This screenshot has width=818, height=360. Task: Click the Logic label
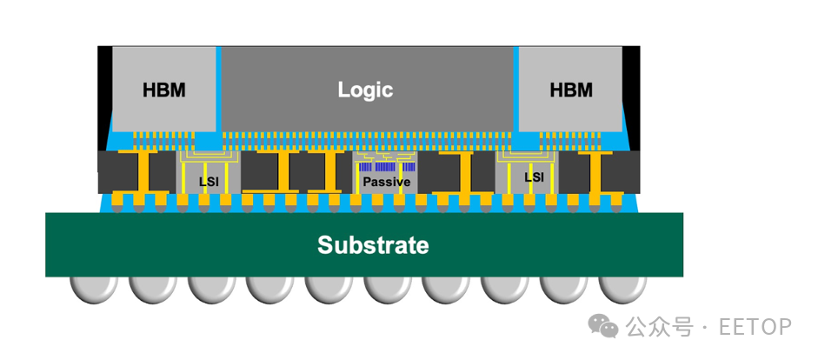(x=365, y=90)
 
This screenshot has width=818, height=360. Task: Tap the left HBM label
(x=163, y=90)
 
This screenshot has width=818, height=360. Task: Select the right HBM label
(x=571, y=90)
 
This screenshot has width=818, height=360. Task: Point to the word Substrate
(x=373, y=244)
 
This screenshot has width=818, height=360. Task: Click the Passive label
(x=387, y=182)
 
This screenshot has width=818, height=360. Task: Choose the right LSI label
(x=535, y=177)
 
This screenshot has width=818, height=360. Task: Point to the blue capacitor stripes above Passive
(x=387, y=167)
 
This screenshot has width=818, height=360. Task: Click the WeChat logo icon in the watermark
(x=603, y=327)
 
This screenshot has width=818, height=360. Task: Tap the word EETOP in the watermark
(x=755, y=327)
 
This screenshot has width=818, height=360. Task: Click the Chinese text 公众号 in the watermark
(x=660, y=327)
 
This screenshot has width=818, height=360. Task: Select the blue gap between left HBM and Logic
(x=219, y=89)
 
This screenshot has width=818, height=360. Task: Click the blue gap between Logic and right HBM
(x=516, y=89)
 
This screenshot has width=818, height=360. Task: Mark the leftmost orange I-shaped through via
(x=144, y=172)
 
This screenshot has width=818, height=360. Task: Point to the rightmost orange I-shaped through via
(x=595, y=172)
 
